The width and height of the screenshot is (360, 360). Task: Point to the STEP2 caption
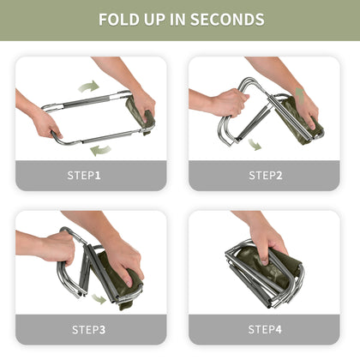(x=266, y=176)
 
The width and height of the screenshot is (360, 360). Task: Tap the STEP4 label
(x=266, y=329)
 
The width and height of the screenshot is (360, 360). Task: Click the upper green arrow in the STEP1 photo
(x=88, y=86)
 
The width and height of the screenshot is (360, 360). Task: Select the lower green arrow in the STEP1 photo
(x=100, y=149)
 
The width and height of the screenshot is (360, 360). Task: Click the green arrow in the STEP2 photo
(x=255, y=144)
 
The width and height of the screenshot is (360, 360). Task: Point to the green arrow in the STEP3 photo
(x=100, y=299)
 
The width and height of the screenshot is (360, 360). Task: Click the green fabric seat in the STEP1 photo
(x=137, y=112)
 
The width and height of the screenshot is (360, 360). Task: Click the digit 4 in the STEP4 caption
(x=280, y=329)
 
